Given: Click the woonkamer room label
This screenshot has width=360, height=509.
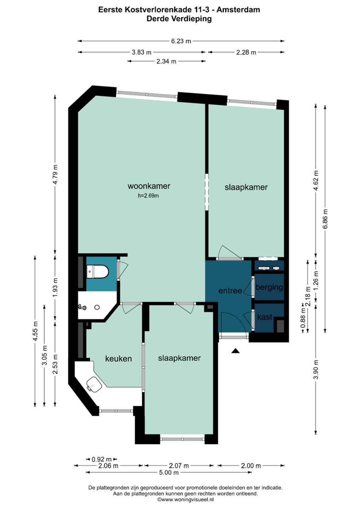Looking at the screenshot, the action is [x=149, y=186].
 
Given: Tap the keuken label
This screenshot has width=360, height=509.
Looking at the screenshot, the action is [x=118, y=358].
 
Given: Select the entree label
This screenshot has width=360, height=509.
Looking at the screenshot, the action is [x=230, y=291].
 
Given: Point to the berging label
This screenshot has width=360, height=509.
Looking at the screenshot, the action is [x=269, y=287].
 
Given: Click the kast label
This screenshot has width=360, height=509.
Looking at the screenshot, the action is [x=265, y=317].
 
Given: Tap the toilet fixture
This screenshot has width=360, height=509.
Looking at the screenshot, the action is [x=98, y=271].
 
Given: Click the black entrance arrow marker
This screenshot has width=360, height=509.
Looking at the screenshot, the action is [x=236, y=351].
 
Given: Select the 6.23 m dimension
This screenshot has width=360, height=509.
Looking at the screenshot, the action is [x=181, y=41].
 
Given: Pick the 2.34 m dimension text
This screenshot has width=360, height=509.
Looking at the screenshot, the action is [x=166, y=61].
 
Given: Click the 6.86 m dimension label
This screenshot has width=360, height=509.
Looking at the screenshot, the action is [x=325, y=218].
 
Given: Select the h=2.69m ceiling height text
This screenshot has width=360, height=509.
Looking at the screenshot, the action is [x=148, y=196].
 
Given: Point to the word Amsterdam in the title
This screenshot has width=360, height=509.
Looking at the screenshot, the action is [x=242, y=10].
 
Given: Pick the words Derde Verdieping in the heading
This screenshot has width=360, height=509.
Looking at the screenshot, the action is [x=179, y=19].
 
